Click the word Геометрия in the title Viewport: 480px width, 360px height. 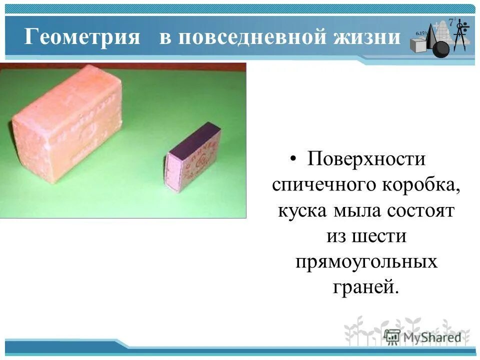tap(82, 37)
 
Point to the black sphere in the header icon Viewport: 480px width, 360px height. tap(440, 49)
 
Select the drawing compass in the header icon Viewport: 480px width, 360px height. tap(461, 35)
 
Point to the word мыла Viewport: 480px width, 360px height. tap(356, 210)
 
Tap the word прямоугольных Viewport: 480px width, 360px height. tap(366, 261)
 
